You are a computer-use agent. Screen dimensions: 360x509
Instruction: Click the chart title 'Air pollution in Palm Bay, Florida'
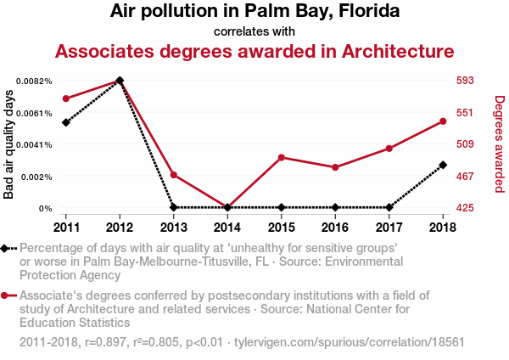coord(255,12)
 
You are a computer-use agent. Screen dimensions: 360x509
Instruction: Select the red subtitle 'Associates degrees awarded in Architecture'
coord(255,52)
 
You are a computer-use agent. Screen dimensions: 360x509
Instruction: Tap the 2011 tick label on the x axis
coord(65,227)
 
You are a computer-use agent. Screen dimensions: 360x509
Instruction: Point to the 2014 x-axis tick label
coord(227,227)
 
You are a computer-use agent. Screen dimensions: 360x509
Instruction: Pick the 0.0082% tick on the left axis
coord(36,81)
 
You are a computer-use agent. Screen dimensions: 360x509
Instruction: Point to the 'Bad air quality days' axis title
coord(9,144)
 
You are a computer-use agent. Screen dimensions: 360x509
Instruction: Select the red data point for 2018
coord(443,121)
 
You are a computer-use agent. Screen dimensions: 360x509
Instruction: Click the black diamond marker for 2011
coord(65,122)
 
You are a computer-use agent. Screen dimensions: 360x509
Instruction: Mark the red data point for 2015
coord(281,157)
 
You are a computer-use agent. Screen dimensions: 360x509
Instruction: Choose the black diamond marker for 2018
coord(443,165)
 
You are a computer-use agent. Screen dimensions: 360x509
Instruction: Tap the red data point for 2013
coord(173,175)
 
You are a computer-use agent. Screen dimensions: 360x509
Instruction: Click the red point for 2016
coord(335,167)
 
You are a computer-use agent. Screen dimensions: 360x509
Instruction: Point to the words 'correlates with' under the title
coord(255,32)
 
